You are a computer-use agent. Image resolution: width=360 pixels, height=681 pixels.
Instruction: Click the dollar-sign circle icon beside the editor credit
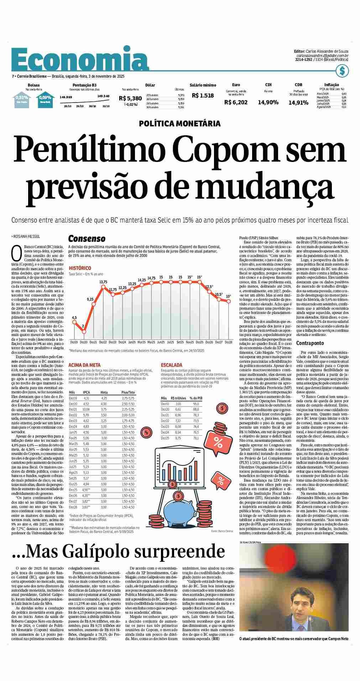(x=342, y=71)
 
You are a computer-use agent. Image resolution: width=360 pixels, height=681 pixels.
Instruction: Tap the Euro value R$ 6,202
(x=236, y=102)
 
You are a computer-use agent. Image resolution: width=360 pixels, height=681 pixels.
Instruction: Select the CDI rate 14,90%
(x=268, y=102)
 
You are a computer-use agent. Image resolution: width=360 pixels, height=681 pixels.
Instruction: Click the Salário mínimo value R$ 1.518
(x=203, y=95)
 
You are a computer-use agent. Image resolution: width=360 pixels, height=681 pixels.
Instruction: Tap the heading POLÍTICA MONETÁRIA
(x=180, y=124)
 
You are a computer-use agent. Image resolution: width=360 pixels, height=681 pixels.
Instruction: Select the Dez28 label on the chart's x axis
(x=228, y=342)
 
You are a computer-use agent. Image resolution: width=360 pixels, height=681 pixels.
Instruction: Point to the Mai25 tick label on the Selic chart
(x=151, y=342)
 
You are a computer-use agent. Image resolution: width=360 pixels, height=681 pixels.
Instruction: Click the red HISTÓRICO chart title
(x=80, y=268)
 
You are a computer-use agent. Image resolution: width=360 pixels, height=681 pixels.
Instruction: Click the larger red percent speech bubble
(x=218, y=442)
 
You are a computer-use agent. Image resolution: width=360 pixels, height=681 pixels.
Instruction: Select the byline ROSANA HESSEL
(x=27, y=236)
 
